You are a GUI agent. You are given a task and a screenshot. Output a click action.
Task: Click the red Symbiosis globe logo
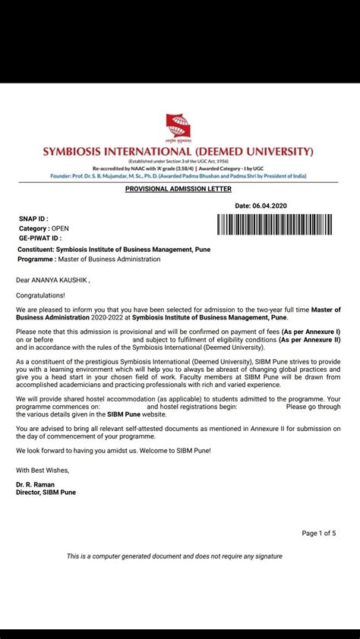click(x=179, y=126)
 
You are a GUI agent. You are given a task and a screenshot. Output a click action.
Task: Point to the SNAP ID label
click(x=33, y=218)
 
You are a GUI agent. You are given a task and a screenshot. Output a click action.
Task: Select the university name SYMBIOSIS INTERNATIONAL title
click(x=179, y=151)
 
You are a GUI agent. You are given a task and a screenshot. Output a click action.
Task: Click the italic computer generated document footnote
click(x=174, y=556)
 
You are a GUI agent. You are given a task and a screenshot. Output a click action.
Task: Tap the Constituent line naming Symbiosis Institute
click(x=113, y=249)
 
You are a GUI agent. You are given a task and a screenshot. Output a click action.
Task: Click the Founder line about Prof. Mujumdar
click(x=178, y=176)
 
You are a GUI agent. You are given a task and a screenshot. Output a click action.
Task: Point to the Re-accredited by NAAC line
click(x=178, y=168)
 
